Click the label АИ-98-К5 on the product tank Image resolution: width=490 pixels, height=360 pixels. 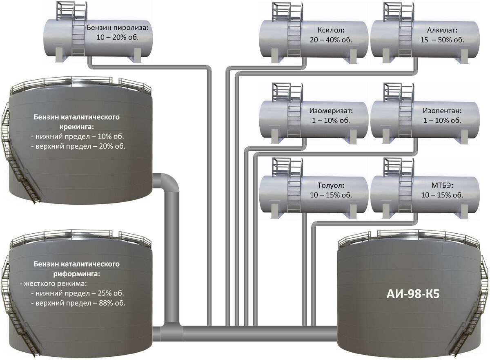pyautogui.click(x=413, y=294)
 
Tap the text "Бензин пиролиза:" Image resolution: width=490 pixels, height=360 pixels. pyautogui.click(x=118, y=28)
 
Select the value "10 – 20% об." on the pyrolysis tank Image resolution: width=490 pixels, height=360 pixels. pyautogui.click(x=118, y=37)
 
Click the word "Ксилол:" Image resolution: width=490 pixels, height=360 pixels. pyautogui.click(x=331, y=30)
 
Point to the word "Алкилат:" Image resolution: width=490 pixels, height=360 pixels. pyautogui.click(x=442, y=30)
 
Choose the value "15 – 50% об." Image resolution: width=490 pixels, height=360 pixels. pyautogui.click(x=442, y=40)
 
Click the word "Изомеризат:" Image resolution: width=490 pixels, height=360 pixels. pyautogui.click(x=331, y=111)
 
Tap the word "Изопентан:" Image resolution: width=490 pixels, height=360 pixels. pyautogui.click(x=442, y=111)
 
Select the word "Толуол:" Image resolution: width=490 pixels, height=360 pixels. pyautogui.click(x=331, y=186)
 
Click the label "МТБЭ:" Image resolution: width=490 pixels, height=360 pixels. pyautogui.click(x=442, y=186)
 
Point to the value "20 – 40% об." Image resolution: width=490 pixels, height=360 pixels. pyautogui.click(x=331, y=40)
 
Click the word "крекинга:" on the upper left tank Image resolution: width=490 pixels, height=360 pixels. pyautogui.click(x=77, y=127)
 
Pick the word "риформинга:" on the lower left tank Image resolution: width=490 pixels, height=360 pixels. pyautogui.click(x=77, y=274)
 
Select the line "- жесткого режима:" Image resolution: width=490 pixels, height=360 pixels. pyautogui.click(x=53, y=284)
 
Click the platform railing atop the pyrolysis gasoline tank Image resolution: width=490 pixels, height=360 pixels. pyautogui.click(x=72, y=11)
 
